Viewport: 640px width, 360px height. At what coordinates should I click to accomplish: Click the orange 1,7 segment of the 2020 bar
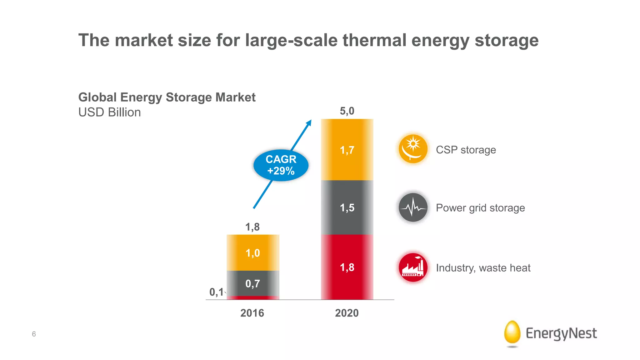(x=347, y=150)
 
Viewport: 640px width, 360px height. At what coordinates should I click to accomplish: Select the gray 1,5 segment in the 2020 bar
(x=347, y=207)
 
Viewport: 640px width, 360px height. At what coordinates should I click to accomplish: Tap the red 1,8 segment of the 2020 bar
(x=347, y=267)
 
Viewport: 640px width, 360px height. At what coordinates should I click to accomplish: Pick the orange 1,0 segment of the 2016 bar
(x=252, y=253)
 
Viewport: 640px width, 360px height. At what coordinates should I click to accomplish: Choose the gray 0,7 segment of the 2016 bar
(x=252, y=283)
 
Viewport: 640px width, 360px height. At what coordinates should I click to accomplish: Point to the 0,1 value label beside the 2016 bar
(x=216, y=292)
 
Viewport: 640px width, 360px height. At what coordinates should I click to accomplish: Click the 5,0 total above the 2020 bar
(x=347, y=111)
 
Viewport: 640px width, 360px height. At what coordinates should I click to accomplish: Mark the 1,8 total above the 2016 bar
(x=252, y=227)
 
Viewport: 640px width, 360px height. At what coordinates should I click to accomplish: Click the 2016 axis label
(x=252, y=313)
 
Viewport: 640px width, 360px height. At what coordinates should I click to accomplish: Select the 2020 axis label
(x=347, y=313)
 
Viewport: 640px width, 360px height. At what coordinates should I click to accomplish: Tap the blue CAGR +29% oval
(x=281, y=165)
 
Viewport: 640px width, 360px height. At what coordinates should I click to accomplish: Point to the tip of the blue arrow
(x=311, y=121)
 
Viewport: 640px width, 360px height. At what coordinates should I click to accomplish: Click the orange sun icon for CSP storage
(x=413, y=149)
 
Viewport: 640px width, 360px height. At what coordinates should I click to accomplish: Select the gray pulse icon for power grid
(x=413, y=207)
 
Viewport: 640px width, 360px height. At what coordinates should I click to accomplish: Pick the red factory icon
(x=413, y=267)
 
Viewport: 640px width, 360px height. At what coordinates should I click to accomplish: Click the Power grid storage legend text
(x=480, y=208)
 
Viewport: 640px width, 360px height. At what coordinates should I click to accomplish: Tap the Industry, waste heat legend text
(x=483, y=268)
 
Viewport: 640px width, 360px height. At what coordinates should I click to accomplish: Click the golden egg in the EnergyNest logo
(x=512, y=332)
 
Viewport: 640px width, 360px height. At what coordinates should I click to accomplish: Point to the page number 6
(x=34, y=334)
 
